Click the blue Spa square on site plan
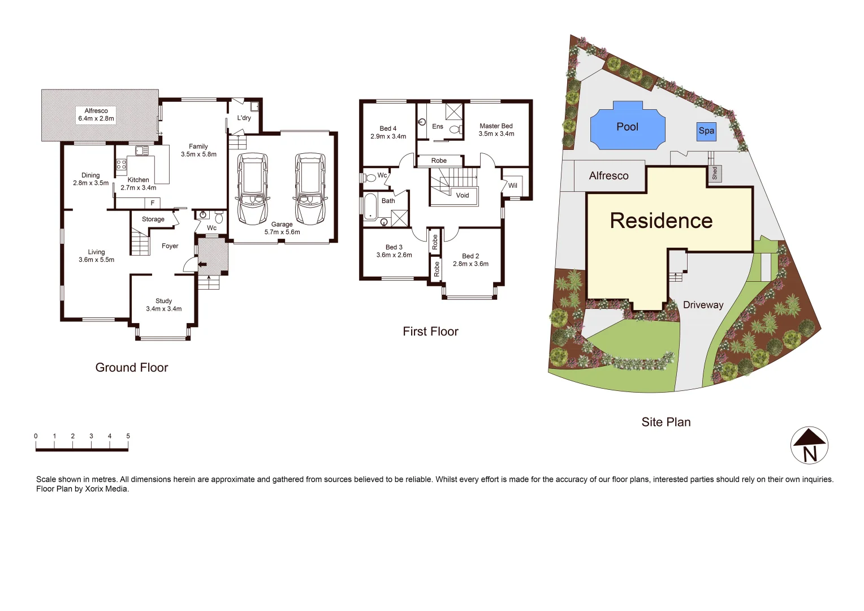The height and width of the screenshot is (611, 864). [x=706, y=131]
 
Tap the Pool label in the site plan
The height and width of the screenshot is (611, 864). [x=627, y=127]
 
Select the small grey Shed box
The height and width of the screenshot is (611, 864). [x=714, y=174]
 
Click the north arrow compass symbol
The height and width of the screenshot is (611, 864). [x=809, y=445]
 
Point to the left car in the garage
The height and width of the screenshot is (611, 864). [x=252, y=188]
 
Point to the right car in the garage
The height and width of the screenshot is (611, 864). [x=310, y=188]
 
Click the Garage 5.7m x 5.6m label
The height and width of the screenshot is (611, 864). [x=282, y=228]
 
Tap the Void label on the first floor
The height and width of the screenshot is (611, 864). [x=463, y=195]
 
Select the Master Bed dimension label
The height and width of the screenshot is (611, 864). [x=496, y=130]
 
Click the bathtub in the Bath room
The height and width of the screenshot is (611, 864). [x=370, y=206]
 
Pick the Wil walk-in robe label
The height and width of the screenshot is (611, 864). [x=512, y=186]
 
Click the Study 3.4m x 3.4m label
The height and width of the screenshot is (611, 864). [x=164, y=305]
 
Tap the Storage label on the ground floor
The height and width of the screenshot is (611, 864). [x=153, y=219]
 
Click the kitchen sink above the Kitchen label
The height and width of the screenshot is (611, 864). [x=141, y=151]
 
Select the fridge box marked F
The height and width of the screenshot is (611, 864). [x=152, y=203]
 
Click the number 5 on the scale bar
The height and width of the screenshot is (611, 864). [x=128, y=436]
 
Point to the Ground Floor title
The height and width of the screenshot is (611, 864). [x=132, y=368]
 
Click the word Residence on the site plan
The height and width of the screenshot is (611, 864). [x=661, y=221]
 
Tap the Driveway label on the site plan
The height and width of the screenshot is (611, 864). [x=703, y=305]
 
